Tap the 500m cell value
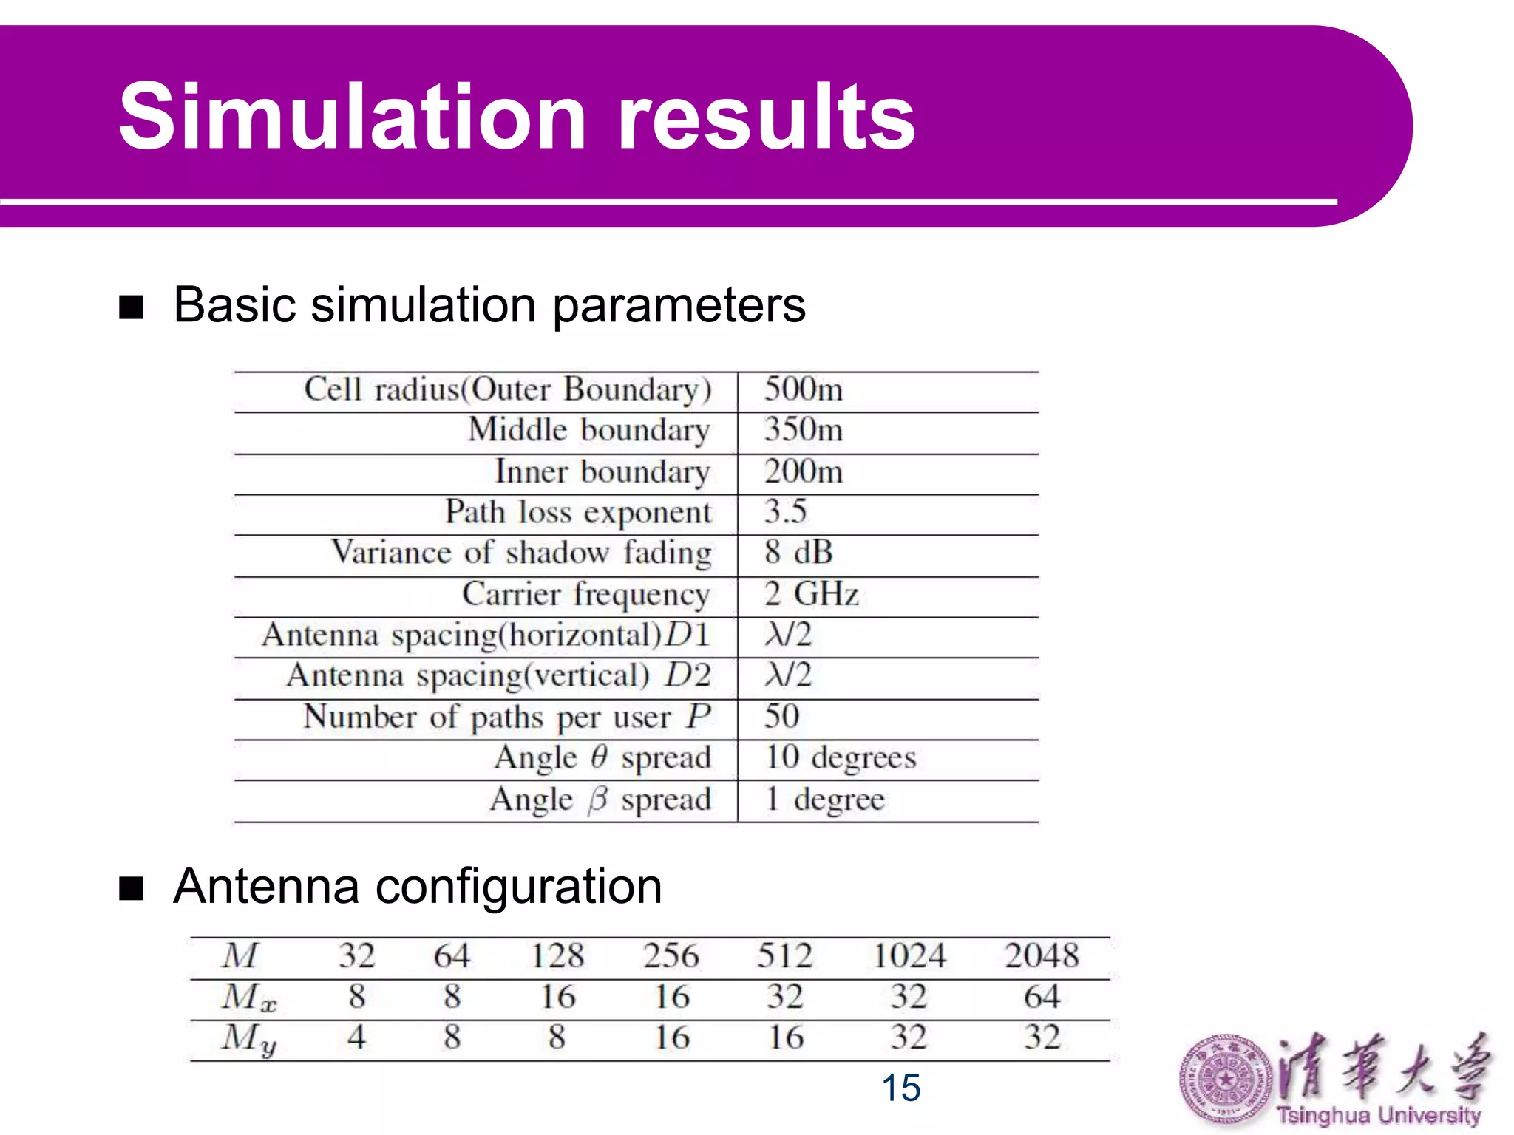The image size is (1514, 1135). (x=803, y=389)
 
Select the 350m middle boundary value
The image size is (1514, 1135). (x=803, y=430)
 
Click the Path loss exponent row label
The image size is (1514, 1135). (x=578, y=512)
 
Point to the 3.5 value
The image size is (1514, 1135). (x=785, y=511)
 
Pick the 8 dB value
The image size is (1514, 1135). (x=798, y=553)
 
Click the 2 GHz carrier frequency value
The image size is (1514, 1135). (x=811, y=594)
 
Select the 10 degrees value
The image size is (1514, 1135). (x=841, y=758)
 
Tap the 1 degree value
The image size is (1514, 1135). (x=824, y=800)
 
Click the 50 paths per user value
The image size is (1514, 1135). (x=781, y=717)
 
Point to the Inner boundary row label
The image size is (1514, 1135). (x=602, y=471)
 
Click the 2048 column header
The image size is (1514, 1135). (x=1042, y=956)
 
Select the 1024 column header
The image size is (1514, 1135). (x=909, y=956)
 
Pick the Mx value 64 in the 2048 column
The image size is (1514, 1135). (x=1042, y=997)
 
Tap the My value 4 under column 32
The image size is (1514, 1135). (x=356, y=1037)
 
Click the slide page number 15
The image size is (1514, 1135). (x=900, y=1088)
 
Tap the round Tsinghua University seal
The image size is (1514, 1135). (x=1225, y=1080)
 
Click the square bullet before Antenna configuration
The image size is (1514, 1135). (x=131, y=889)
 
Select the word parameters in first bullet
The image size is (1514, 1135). (x=679, y=306)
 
